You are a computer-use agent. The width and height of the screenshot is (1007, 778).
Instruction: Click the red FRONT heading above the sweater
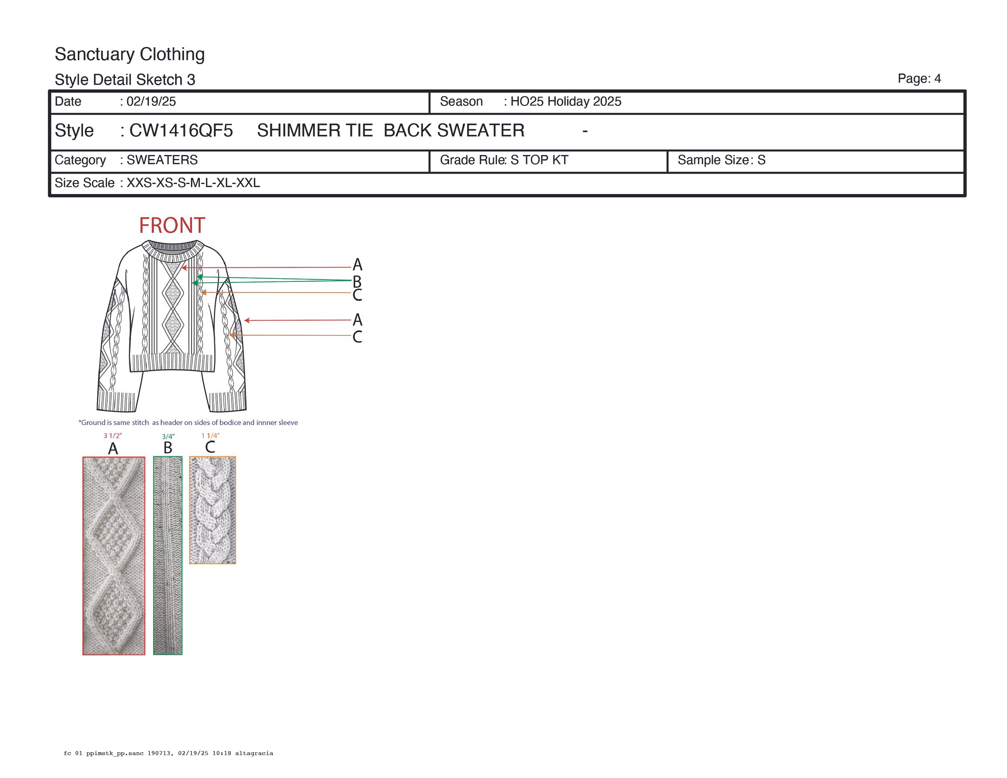click(172, 226)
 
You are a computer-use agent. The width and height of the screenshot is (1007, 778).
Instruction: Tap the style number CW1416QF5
click(181, 130)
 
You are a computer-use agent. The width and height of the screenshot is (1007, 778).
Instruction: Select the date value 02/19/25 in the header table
click(151, 101)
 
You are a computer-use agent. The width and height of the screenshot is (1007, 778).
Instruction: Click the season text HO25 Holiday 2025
click(566, 101)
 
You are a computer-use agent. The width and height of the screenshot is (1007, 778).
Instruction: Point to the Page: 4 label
click(919, 79)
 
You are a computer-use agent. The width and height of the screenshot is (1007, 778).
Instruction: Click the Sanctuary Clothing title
click(130, 54)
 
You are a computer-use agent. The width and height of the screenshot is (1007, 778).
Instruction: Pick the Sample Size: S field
click(721, 160)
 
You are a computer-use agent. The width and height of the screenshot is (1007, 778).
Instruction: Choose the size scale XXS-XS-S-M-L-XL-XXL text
click(193, 183)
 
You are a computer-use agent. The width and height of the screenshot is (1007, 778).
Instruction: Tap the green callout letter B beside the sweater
click(357, 281)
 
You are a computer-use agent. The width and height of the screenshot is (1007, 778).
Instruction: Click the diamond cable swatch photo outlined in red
click(114, 555)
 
